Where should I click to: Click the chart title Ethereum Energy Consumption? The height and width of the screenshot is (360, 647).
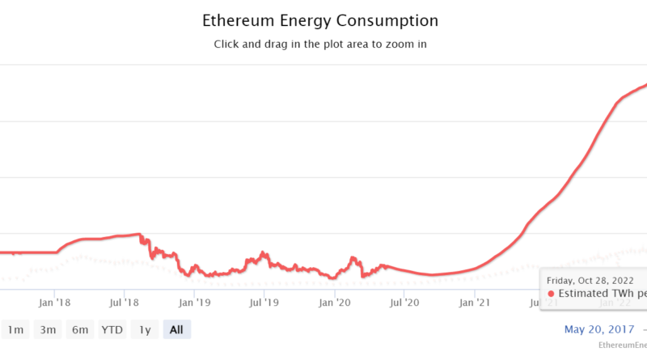click(319, 20)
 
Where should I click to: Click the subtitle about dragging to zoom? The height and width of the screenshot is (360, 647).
click(319, 44)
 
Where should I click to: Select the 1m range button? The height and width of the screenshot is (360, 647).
click(15, 329)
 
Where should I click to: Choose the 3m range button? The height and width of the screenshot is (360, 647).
click(48, 329)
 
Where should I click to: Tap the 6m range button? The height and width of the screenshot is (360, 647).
click(79, 329)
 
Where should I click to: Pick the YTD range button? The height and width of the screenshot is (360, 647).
click(112, 329)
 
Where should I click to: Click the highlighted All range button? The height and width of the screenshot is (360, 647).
click(176, 329)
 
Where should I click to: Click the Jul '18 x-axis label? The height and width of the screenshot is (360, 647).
click(125, 303)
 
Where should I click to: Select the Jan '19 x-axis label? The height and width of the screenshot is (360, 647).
click(195, 303)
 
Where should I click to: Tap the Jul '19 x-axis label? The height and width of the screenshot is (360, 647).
click(264, 303)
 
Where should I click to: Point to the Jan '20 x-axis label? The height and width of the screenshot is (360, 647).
click(334, 303)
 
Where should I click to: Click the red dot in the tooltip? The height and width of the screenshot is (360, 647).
click(552, 294)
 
